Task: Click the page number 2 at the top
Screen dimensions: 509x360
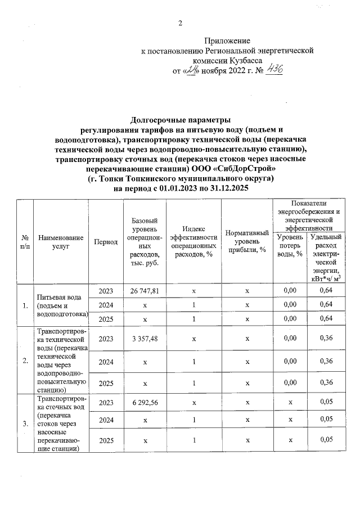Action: (180, 23)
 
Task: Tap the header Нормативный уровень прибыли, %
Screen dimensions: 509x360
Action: (247, 242)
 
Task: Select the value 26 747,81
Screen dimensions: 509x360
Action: (145, 291)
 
